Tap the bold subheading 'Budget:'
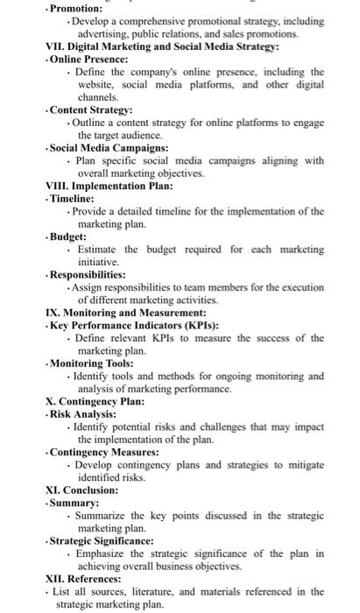point(69,236)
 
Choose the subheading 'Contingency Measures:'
point(103,452)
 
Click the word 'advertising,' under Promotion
point(99,33)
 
